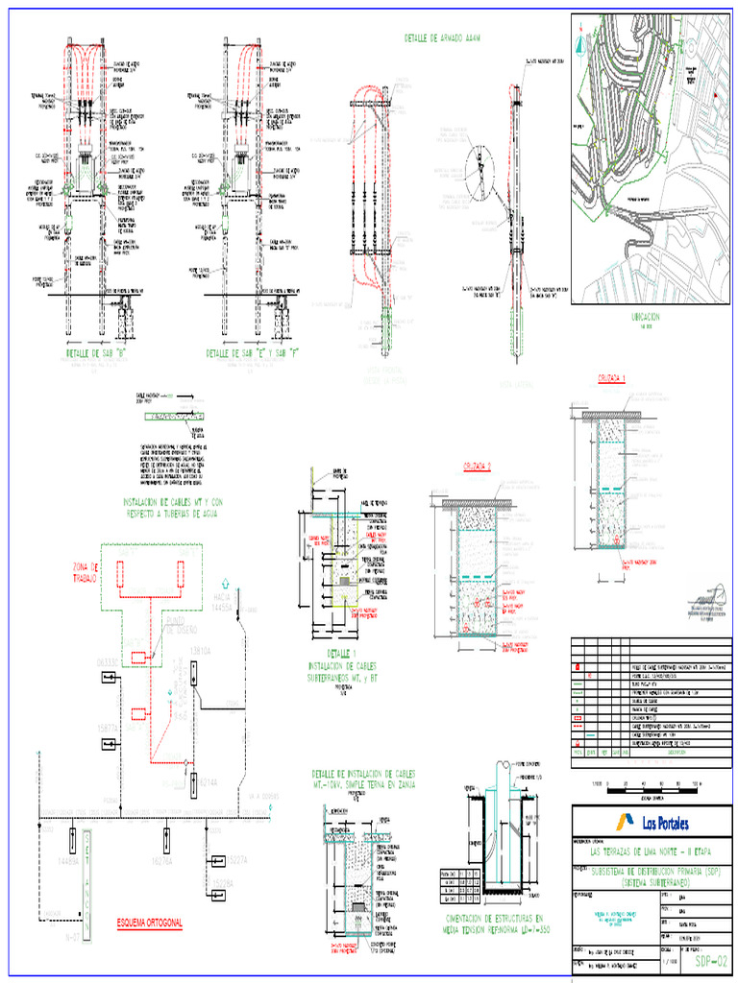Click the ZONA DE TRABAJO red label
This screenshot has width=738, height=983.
click(86, 571)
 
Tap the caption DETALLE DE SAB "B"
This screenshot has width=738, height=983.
click(98, 353)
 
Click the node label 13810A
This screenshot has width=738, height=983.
click(202, 651)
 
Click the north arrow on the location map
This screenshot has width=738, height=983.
click(579, 44)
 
